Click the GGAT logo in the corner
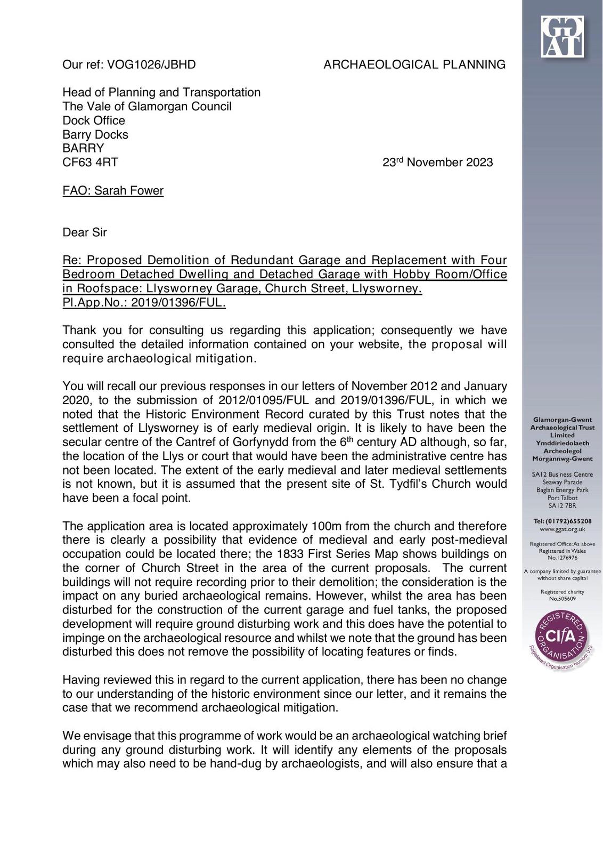pyautogui.click(x=562, y=36)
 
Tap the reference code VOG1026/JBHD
pyautogui.click(x=151, y=65)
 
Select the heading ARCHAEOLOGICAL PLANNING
pyautogui.click(x=414, y=65)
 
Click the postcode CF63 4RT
pyautogui.click(x=90, y=162)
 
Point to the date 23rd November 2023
pyautogui.click(x=437, y=162)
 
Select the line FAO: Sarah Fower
pyautogui.click(x=113, y=190)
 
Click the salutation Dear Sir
pyautogui.click(x=85, y=232)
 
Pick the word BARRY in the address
pyautogui.click(x=83, y=148)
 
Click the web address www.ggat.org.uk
pyautogui.click(x=562, y=529)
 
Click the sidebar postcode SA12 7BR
pyautogui.click(x=562, y=505)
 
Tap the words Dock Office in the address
pyautogui.click(x=94, y=120)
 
